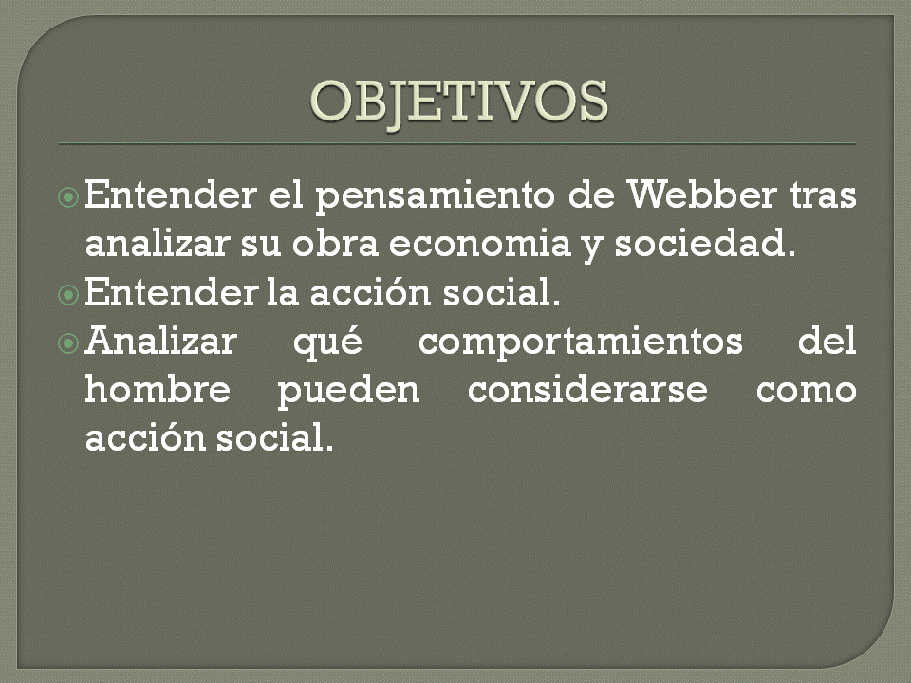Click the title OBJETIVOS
459,101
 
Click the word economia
474,245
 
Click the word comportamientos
581,341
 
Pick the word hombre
158,389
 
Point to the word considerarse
588,389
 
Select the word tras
823,197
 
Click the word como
807,391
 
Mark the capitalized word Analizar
159,341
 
